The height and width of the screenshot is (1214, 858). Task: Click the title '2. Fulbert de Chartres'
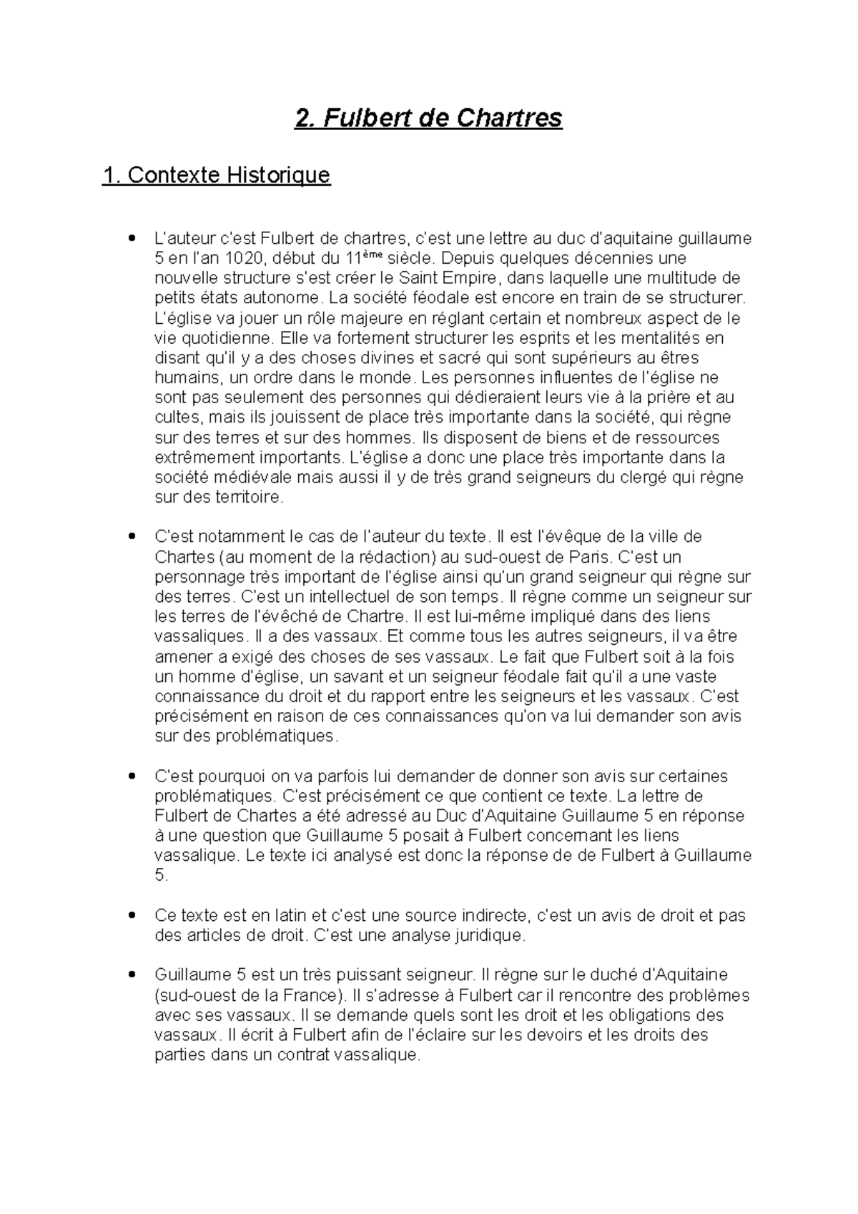[429, 118]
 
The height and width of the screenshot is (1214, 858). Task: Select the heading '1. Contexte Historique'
[216, 175]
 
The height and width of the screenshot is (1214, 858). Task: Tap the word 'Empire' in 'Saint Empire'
[470, 278]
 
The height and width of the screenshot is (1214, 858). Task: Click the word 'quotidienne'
[214, 338]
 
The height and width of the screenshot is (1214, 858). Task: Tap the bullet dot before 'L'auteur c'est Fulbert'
[130, 238]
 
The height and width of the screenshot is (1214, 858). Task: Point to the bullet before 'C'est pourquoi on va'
[130, 776]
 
